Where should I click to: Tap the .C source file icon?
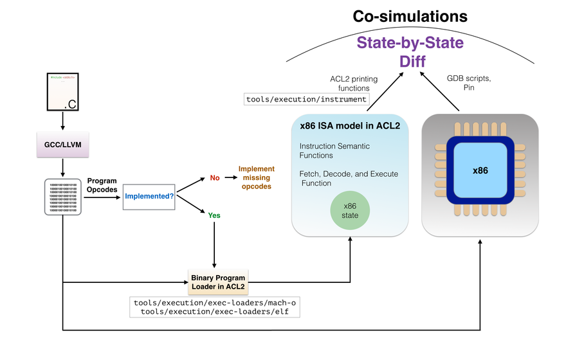coord(63,93)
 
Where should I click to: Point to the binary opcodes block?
coord(63,197)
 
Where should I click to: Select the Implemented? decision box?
coord(149,195)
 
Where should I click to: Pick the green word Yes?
coord(214,215)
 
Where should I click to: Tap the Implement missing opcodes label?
coord(255,177)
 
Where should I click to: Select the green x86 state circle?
coord(350,210)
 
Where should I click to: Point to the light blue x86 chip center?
coord(480,170)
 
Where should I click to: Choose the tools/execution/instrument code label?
coord(307,99)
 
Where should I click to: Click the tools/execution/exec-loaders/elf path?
coord(215,312)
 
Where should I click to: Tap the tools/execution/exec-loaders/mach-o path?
coord(215,302)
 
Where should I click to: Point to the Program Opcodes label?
coord(102,184)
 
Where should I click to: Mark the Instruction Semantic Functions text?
coord(334,151)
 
